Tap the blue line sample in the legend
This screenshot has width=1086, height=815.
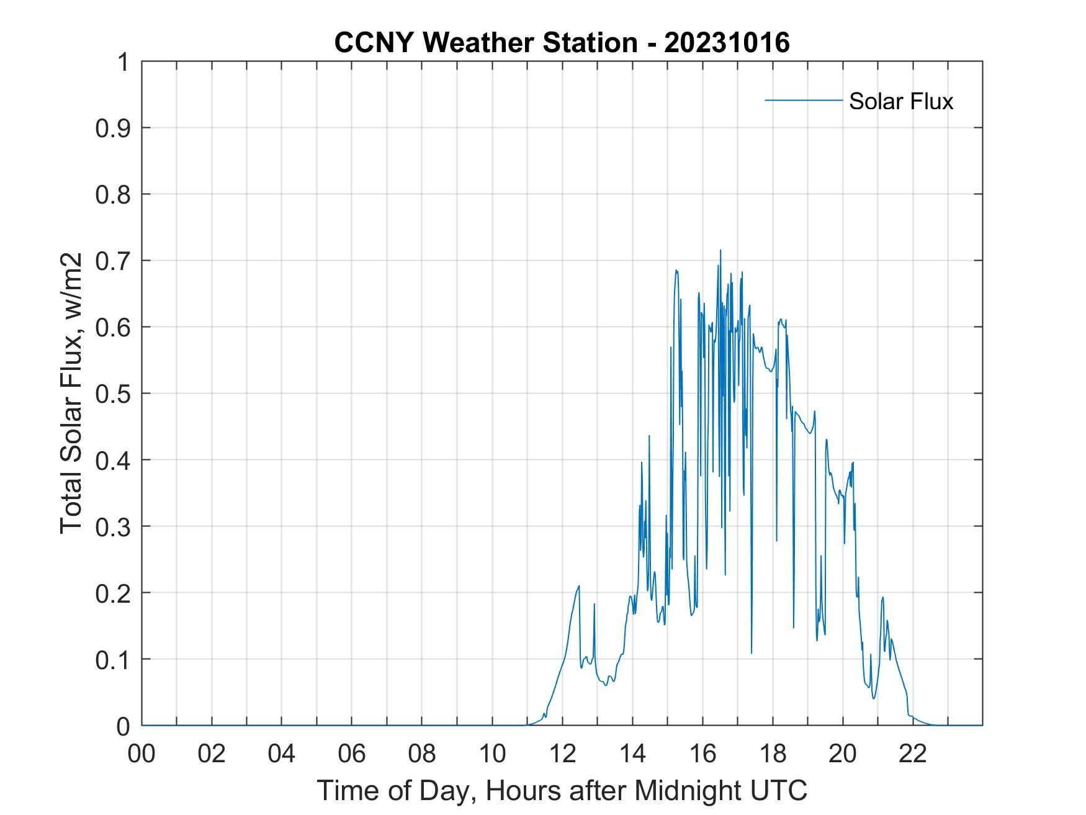[803, 100]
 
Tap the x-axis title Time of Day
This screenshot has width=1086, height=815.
[562, 790]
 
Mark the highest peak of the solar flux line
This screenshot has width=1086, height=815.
[720, 251]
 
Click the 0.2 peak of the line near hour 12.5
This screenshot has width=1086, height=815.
[579, 586]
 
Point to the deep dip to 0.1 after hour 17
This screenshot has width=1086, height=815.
[752, 652]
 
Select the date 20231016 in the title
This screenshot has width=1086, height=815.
[727, 43]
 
